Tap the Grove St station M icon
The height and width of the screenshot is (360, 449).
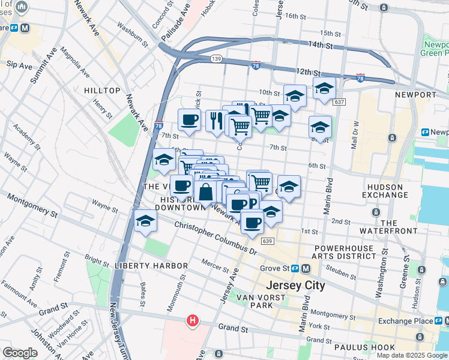point(306,268)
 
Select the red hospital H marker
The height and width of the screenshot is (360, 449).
point(193,321)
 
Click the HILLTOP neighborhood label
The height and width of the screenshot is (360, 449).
point(102,90)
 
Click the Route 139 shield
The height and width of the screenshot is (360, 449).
point(217,58)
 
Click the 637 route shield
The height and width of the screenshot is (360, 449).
point(339,103)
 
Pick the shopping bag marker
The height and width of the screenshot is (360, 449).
point(206,193)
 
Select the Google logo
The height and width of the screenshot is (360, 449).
point(20,353)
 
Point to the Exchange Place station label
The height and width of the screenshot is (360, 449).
point(411,321)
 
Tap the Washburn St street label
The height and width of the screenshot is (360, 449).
point(132,35)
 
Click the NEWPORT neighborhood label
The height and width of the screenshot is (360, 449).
point(415,95)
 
